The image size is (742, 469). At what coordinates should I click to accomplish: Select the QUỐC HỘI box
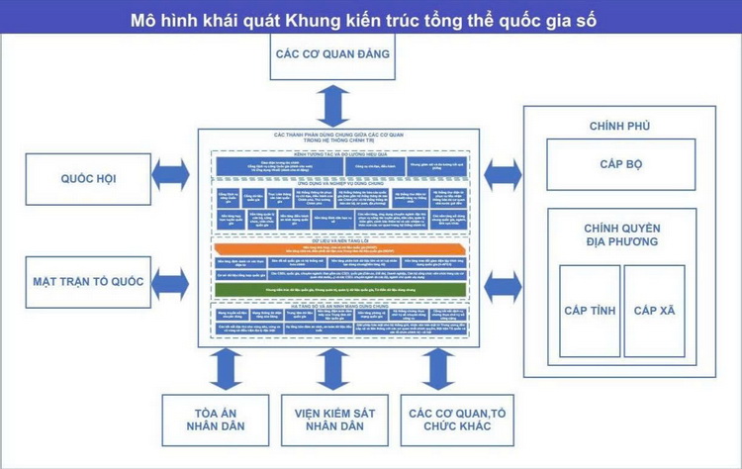[x=88, y=178]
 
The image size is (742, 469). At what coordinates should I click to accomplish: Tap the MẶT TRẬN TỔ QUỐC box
[x=88, y=281]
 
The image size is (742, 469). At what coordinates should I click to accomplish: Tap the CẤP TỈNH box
[x=590, y=311]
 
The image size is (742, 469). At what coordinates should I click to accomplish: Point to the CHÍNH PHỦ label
[x=619, y=126]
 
